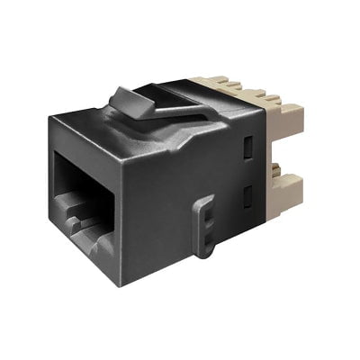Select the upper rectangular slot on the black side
(x=250, y=146)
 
